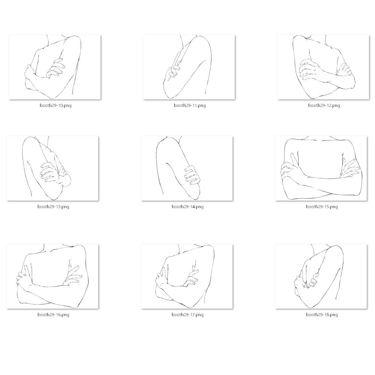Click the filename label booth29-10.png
[x=56, y=105]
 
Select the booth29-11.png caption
[x=190, y=105]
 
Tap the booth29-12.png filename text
[x=324, y=105]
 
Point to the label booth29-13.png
[x=53, y=207]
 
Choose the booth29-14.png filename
[x=187, y=207]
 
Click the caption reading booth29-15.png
[x=322, y=207]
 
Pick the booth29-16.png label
[x=53, y=315]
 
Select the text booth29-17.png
[x=187, y=315]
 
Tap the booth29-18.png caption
[x=322, y=315]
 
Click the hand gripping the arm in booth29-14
[x=192, y=175]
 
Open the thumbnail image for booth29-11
[x=189, y=67]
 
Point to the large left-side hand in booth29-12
[x=309, y=69]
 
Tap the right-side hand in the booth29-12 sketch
[x=345, y=69]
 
